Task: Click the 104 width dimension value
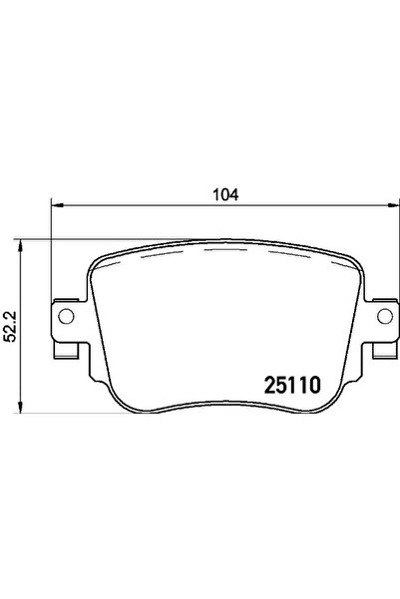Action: pyautogui.click(x=226, y=195)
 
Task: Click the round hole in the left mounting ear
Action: pyautogui.click(x=67, y=317)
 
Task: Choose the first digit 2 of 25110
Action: pyautogui.click(x=268, y=383)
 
